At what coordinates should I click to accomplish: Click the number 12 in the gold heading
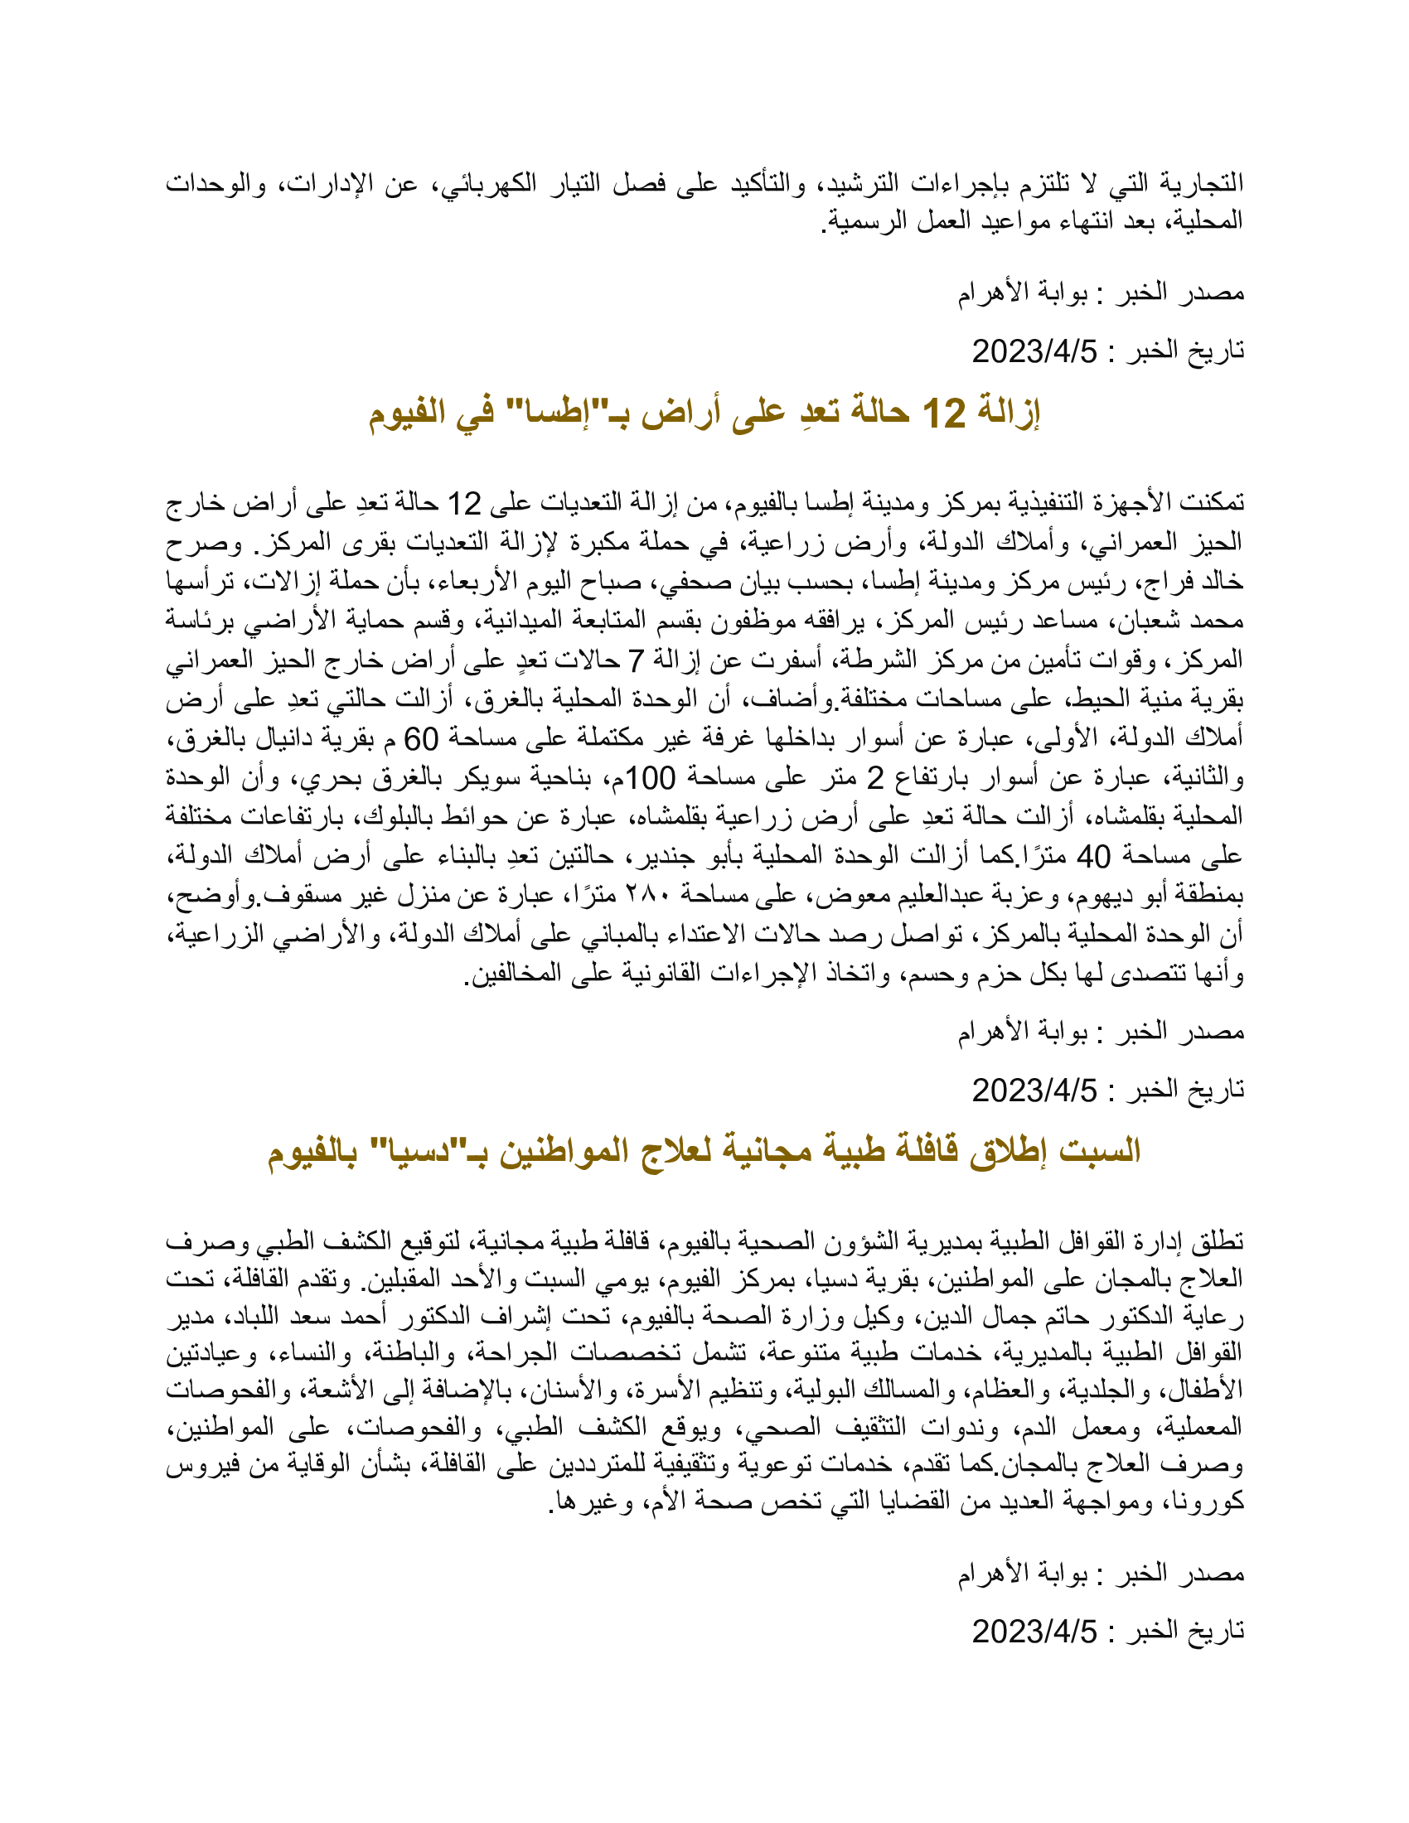pos(943,413)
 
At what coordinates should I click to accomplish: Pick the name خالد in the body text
pos(1218,581)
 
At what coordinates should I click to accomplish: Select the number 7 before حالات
pos(636,660)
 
